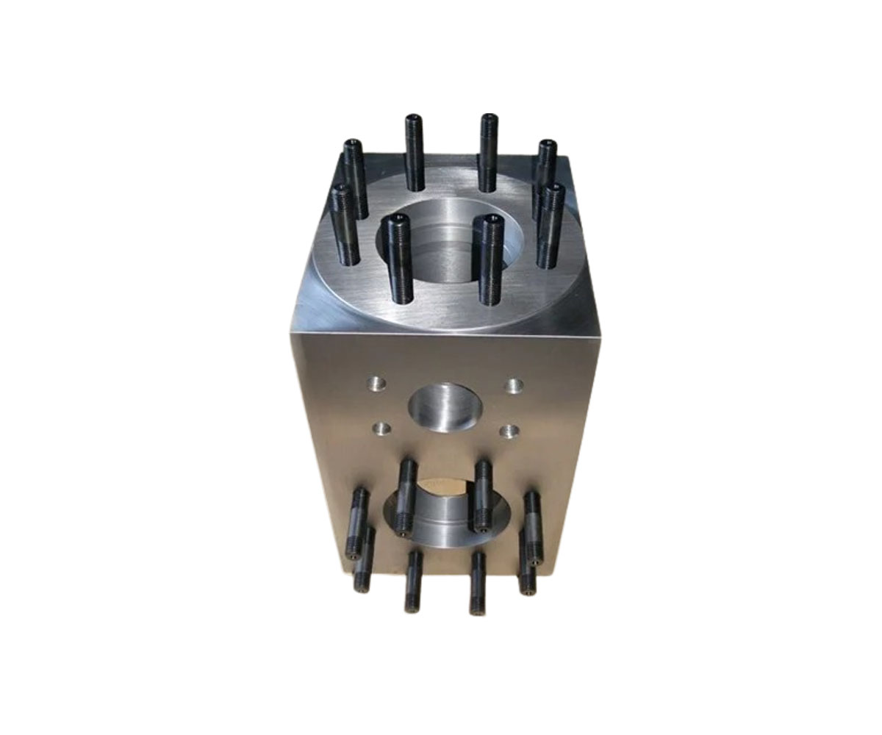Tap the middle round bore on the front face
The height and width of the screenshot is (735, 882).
pyautogui.click(x=443, y=408)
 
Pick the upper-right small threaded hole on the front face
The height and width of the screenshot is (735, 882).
pyautogui.click(x=514, y=384)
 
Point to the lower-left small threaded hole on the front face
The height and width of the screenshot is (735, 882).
pyautogui.click(x=381, y=426)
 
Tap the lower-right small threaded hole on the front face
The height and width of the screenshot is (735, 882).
pyautogui.click(x=506, y=429)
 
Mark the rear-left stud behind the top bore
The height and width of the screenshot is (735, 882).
pyautogui.click(x=414, y=151)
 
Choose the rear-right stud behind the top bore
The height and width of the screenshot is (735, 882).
pyautogui.click(x=487, y=151)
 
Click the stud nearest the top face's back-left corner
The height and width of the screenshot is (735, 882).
pyautogui.click(x=354, y=176)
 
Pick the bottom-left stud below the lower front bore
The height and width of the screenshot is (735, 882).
pyautogui.click(x=412, y=581)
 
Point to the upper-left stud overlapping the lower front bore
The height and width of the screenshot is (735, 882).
pyautogui.click(x=406, y=496)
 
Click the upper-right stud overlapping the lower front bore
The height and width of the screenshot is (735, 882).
pyautogui.click(x=482, y=496)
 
